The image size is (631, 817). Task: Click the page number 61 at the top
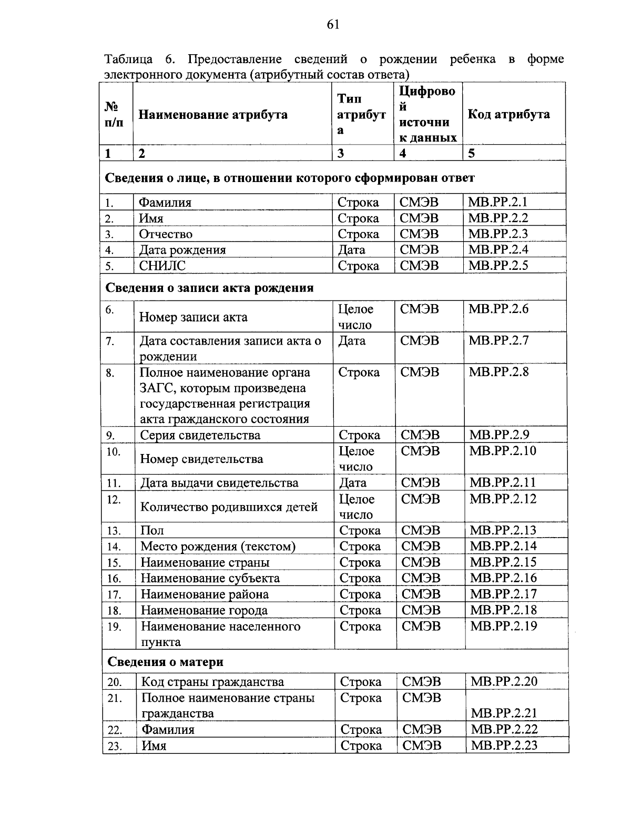coord(333,25)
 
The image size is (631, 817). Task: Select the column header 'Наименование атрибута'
coord(213,115)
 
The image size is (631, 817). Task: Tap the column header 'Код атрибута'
coord(508,114)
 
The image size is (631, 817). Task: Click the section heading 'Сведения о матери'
coord(166,661)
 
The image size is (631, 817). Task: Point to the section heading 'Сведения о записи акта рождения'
coord(210,288)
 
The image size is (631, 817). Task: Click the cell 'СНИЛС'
coord(162,266)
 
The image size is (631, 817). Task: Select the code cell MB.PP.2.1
coord(498,202)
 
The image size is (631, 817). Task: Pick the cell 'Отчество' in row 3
coord(166,234)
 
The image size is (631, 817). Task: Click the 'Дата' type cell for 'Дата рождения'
coord(352,250)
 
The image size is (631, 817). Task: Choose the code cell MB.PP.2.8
coord(498,372)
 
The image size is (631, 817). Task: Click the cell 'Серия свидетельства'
coord(200,435)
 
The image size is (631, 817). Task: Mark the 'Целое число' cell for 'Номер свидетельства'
coord(357,459)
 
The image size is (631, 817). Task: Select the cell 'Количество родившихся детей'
coord(229,507)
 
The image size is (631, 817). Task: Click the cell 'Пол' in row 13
coord(152,530)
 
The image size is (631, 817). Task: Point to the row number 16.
coord(114,579)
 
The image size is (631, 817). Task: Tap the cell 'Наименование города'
coord(204,610)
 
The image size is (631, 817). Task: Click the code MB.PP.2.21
coord(504,713)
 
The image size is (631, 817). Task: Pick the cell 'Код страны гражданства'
coord(212,682)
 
